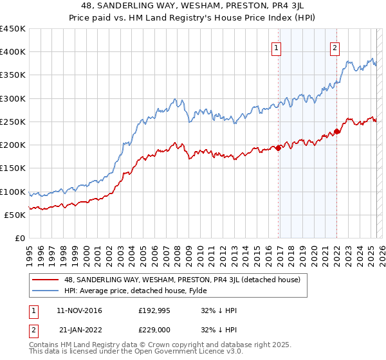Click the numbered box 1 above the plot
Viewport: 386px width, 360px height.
point(276,46)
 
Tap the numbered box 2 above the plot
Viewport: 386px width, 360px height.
point(335,46)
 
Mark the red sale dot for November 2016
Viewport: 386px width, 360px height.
point(279,148)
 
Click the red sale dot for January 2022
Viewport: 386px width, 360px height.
point(337,132)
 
